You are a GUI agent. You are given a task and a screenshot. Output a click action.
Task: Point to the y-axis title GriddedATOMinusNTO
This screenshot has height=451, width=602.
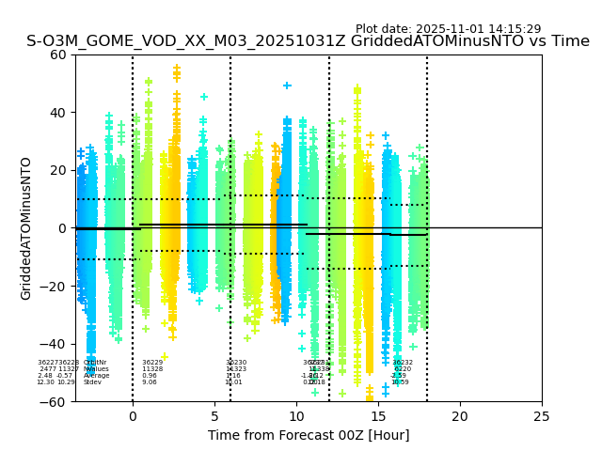[x=26, y=228]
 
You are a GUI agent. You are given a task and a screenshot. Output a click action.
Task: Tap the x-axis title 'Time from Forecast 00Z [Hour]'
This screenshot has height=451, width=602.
[x=309, y=435]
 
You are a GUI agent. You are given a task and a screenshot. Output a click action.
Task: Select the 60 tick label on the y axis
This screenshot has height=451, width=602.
[x=58, y=54]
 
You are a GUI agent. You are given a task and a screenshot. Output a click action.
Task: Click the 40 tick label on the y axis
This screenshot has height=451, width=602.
[x=58, y=113]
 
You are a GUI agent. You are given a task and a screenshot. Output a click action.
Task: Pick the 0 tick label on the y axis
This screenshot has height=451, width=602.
[x=62, y=228]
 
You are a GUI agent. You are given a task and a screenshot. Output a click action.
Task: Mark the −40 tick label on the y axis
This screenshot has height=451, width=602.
[x=55, y=344]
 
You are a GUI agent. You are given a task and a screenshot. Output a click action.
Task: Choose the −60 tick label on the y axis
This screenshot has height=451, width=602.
[x=55, y=402]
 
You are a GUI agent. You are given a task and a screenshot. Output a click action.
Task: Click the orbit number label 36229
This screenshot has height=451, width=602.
[x=152, y=363]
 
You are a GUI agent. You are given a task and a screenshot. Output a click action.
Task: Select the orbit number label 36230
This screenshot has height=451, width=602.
[x=236, y=363]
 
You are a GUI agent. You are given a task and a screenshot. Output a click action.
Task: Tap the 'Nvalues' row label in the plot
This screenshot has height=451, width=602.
[x=96, y=369]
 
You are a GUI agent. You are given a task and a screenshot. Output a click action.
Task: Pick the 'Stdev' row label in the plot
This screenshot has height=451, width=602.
[x=92, y=382]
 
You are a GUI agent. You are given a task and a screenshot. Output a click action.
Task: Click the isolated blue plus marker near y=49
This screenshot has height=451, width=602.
[x=287, y=86]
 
